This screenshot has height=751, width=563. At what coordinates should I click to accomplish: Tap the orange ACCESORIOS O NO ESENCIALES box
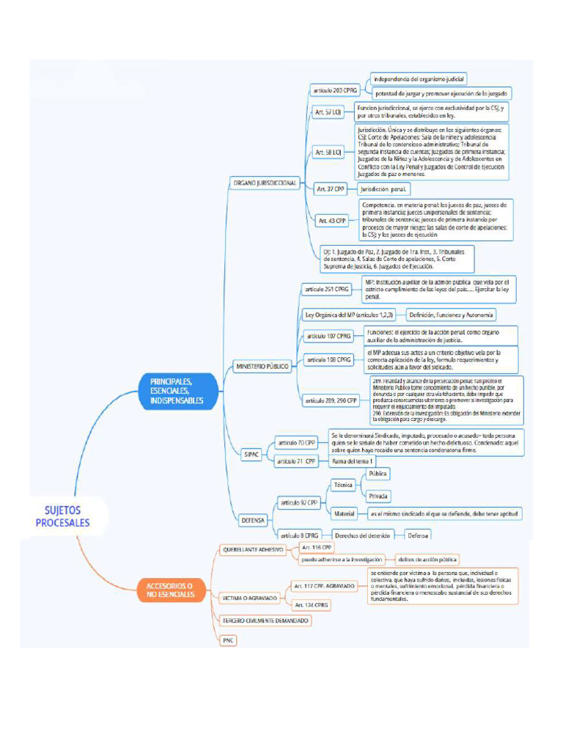(169, 590)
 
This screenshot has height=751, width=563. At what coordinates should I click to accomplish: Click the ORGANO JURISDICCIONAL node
(264, 182)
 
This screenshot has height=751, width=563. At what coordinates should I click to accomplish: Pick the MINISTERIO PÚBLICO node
(262, 364)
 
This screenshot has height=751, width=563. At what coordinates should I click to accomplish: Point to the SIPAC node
(251, 454)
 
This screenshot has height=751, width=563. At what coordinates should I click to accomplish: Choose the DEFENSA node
(253, 520)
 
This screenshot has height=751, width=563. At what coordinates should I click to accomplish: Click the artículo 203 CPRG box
(336, 90)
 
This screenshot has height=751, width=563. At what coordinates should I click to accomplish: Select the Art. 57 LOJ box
(328, 112)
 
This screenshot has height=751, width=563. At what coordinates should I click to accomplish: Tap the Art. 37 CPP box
(331, 188)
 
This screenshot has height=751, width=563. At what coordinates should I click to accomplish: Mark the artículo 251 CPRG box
(327, 290)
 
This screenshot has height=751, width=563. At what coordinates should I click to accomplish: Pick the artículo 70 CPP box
(296, 443)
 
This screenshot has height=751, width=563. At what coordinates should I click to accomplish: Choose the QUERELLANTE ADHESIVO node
(253, 549)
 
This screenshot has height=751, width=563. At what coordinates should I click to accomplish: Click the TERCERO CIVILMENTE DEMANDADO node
(265, 620)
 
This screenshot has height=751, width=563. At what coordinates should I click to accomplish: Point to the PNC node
(228, 640)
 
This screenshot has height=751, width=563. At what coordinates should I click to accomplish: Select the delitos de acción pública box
(427, 559)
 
